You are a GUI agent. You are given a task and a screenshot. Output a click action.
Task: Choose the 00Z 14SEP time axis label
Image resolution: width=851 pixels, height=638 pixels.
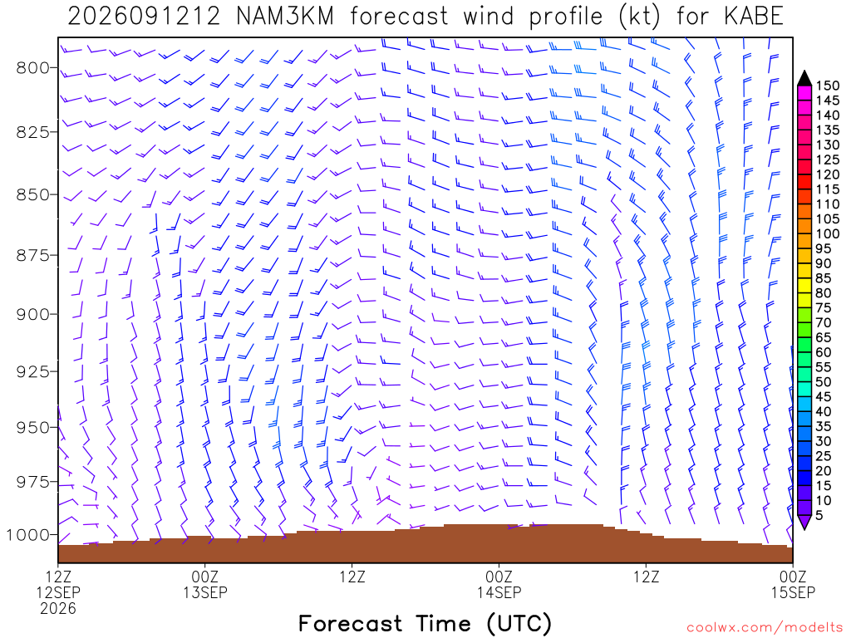[x=499, y=584]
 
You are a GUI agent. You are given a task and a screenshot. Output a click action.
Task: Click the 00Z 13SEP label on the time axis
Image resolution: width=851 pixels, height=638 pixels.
[x=205, y=584]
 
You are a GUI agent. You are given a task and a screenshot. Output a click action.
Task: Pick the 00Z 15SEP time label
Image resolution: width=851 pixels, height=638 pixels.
[x=793, y=584]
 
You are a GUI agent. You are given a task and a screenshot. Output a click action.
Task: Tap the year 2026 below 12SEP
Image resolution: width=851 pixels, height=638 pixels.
[x=58, y=609]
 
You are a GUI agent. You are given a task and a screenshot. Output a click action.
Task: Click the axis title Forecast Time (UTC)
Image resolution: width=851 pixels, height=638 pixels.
[x=425, y=624]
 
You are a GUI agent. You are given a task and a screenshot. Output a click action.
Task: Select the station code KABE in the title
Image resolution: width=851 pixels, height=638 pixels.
[x=754, y=17]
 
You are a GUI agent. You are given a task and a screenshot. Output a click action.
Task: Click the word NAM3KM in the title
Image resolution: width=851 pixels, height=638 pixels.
[x=285, y=17]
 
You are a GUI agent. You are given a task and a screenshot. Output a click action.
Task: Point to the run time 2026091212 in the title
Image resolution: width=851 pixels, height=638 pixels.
[x=144, y=17]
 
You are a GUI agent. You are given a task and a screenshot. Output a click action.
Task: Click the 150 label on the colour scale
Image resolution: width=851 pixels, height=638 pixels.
[x=827, y=86]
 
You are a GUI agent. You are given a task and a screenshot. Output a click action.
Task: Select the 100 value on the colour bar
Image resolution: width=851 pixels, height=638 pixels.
[x=827, y=233]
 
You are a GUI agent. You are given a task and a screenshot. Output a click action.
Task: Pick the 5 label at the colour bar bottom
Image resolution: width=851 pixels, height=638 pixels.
[x=819, y=515]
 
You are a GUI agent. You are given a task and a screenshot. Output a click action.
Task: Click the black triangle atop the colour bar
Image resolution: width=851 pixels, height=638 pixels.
[x=804, y=78]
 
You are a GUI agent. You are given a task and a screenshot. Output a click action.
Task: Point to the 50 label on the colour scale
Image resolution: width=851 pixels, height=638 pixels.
[x=824, y=382]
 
